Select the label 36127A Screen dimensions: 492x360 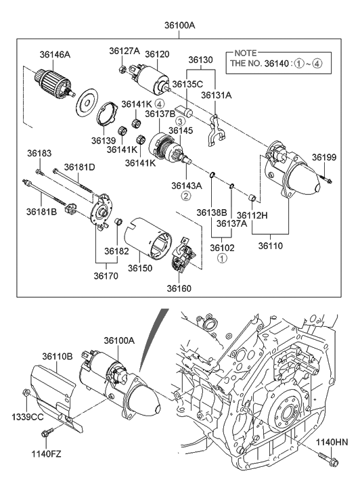pyautogui.click(x=125, y=51)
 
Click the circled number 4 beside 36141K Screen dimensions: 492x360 pyautogui.click(x=160, y=104)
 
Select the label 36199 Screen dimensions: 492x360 pyautogui.click(x=323, y=157)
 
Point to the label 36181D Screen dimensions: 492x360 pyautogui.click(x=79, y=166)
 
